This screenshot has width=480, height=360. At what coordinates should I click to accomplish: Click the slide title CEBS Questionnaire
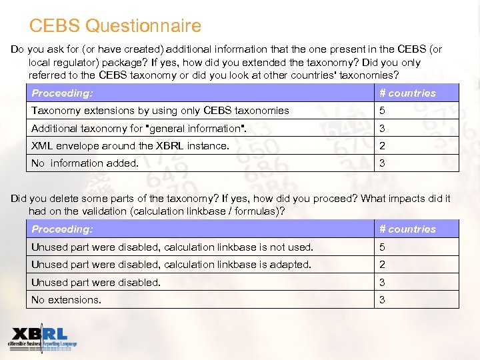115,27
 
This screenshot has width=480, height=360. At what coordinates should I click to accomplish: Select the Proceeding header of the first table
62,93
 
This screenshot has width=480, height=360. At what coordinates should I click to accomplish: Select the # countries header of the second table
407,229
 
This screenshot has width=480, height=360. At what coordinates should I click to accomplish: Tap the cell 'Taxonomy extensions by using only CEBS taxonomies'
160,111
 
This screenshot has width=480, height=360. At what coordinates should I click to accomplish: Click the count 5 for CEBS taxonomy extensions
383,111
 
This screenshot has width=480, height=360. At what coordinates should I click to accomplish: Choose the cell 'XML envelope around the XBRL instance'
130,146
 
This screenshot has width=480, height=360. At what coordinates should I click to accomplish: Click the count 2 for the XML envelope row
383,146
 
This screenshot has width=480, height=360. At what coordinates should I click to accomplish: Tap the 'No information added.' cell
85,163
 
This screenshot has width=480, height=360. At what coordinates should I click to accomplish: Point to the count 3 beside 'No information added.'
383,163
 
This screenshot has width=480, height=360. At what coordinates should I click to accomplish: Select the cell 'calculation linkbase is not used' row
172,247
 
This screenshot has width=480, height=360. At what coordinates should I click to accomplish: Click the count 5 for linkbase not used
383,247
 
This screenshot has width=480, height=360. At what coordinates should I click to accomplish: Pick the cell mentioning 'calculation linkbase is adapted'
171,265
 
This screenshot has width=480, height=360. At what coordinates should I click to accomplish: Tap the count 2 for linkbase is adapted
383,265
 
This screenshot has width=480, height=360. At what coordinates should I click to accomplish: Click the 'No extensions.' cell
66,300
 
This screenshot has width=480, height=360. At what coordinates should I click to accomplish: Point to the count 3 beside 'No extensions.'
383,300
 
